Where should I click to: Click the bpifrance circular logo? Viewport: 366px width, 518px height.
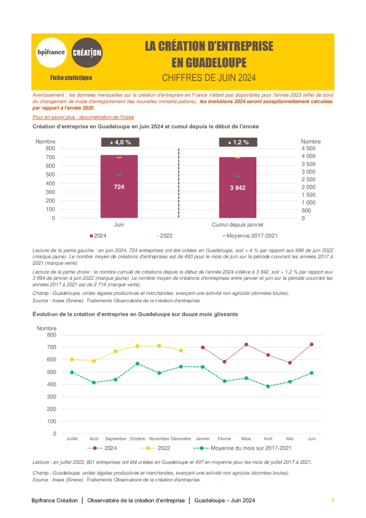pos(52,52)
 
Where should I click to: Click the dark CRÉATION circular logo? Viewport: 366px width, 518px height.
pos(87,52)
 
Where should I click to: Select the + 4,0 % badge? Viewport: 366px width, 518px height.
pos(120,143)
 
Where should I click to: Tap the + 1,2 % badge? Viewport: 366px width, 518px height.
pos(238,143)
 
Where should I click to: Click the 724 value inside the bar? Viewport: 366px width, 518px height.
pos(119,187)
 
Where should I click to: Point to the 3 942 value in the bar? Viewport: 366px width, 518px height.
pos(238,187)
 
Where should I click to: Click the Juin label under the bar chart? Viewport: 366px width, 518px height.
pos(119,225)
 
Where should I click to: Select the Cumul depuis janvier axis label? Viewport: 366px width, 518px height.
pos(238,225)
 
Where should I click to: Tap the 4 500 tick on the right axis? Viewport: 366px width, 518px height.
pos(308,148)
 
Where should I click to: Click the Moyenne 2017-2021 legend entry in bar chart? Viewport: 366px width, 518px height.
pos(252,236)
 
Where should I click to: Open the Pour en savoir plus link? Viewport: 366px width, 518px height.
pos(83,117)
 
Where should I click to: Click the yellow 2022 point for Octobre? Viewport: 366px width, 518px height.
pos(138,346)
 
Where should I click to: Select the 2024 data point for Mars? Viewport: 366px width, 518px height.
pos(246,345)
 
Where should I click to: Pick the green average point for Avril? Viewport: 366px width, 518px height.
pos(268,386)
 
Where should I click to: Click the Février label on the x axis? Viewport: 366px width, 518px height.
pos(224,438)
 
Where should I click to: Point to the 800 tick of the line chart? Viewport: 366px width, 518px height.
pos(51,335)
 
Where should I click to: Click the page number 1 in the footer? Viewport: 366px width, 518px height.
pos(333,500)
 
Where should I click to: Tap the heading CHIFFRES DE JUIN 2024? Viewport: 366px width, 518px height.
pos(209,78)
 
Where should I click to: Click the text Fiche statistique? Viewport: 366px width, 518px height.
pos(71,78)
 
